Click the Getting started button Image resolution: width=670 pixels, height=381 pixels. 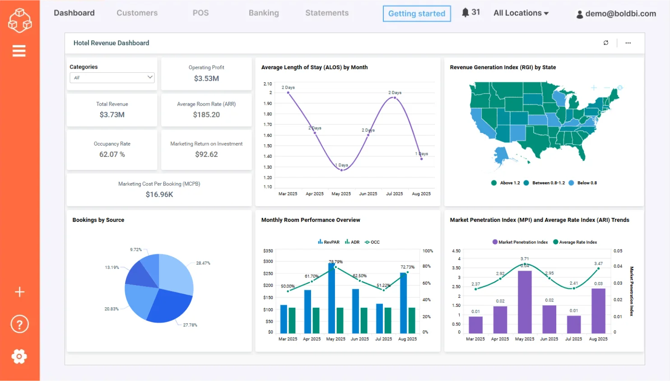tap(416, 14)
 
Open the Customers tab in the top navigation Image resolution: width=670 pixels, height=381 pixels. tap(137, 13)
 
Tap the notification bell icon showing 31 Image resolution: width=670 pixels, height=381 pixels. tap(465, 13)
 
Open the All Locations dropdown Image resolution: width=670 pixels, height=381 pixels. tap(521, 13)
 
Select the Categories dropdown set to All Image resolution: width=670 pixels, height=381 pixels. tap(112, 78)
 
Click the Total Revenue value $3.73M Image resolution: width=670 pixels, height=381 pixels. tap(112, 115)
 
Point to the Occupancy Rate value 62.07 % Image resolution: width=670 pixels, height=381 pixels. tap(112, 155)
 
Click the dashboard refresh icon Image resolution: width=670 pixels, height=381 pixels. tap(606, 43)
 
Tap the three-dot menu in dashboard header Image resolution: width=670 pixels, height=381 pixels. tap(628, 43)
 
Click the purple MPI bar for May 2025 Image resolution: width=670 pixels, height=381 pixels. tap(525, 302)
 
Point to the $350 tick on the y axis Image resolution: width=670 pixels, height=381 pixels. tap(268, 251)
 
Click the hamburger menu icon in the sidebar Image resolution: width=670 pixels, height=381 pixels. tap(19, 51)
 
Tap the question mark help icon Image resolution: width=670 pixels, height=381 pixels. tap(19, 324)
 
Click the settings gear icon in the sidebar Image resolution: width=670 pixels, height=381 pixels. tap(19, 357)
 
